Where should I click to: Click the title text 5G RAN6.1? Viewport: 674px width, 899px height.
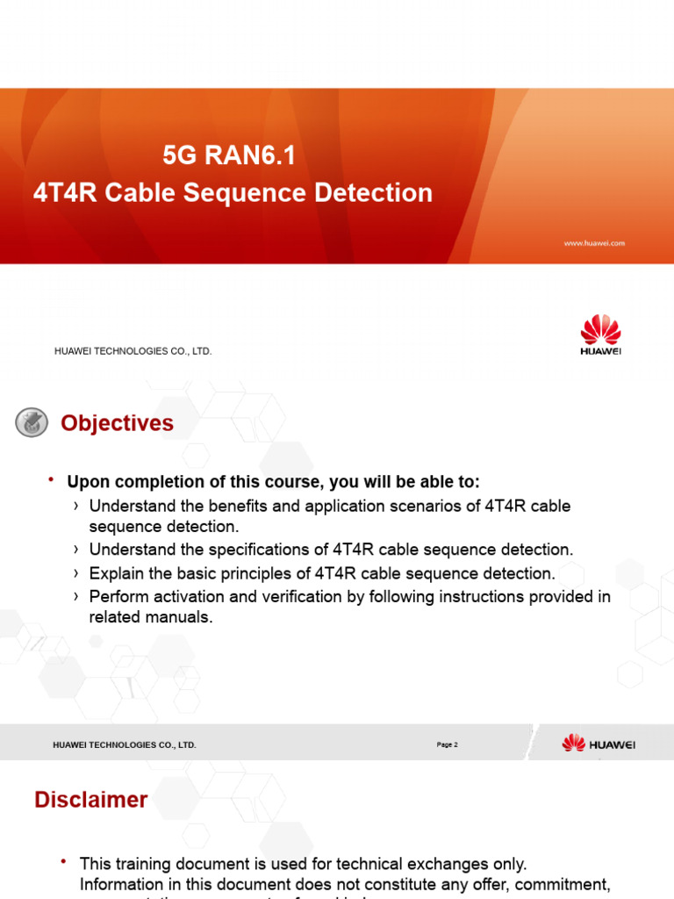click(229, 156)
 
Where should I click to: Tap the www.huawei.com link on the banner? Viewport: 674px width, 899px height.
click(594, 243)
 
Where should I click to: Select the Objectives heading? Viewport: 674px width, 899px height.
click(117, 423)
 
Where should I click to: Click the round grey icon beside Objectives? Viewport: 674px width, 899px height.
click(32, 423)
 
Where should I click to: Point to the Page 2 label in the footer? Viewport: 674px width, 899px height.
click(447, 744)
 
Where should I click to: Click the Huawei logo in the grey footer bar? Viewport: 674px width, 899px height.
click(599, 744)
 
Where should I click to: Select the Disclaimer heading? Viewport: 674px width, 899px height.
click(90, 800)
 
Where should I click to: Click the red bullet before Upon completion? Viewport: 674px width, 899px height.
click(52, 479)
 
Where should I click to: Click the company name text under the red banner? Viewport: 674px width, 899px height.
click(133, 351)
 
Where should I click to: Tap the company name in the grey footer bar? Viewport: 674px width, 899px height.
click(125, 745)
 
